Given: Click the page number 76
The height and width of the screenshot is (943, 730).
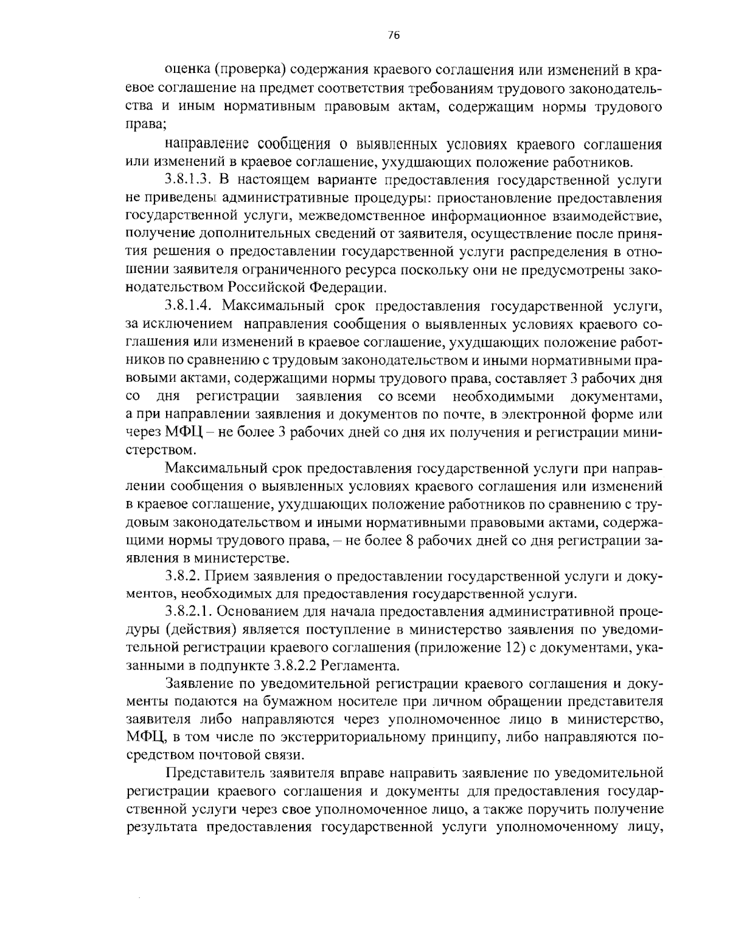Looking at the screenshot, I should [393, 35].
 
